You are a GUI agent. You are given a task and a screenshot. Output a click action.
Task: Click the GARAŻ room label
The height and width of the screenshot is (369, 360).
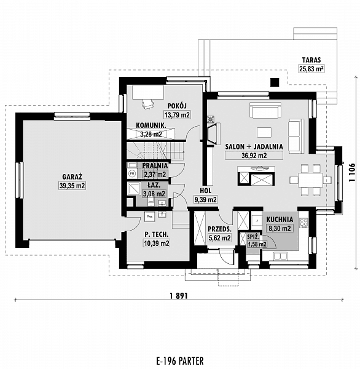(x=72, y=176)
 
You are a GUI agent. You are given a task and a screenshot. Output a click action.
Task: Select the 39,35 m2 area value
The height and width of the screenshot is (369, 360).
(x=72, y=185)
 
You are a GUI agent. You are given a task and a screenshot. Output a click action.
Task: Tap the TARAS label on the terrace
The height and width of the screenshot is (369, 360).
(x=311, y=60)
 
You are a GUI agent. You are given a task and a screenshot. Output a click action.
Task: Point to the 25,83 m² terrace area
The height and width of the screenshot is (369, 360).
(x=311, y=69)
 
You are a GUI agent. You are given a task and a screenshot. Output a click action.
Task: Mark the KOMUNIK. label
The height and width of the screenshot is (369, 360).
(x=149, y=125)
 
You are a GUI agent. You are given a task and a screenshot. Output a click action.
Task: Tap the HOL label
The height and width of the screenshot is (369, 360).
(x=205, y=191)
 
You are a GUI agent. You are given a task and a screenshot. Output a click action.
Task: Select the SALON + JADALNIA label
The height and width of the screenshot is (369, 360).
(x=253, y=146)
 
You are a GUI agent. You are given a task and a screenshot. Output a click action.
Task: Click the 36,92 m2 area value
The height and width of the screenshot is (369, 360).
(x=253, y=156)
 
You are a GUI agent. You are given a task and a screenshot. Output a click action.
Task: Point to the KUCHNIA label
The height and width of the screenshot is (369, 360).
(x=280, y=219)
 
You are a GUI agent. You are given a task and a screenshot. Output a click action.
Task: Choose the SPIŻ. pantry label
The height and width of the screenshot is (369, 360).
(x=252, y=236)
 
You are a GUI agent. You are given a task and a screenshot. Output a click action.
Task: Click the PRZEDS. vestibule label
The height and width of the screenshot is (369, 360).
(x=219, y=229)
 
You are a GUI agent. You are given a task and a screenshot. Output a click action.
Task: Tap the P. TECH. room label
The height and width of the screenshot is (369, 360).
(x=156, y=234)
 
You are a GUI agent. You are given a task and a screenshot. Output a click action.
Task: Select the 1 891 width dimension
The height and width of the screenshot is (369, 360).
(x=178, y=295)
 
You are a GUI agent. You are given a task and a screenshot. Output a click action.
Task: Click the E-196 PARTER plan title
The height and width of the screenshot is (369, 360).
(x=179, y=360)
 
